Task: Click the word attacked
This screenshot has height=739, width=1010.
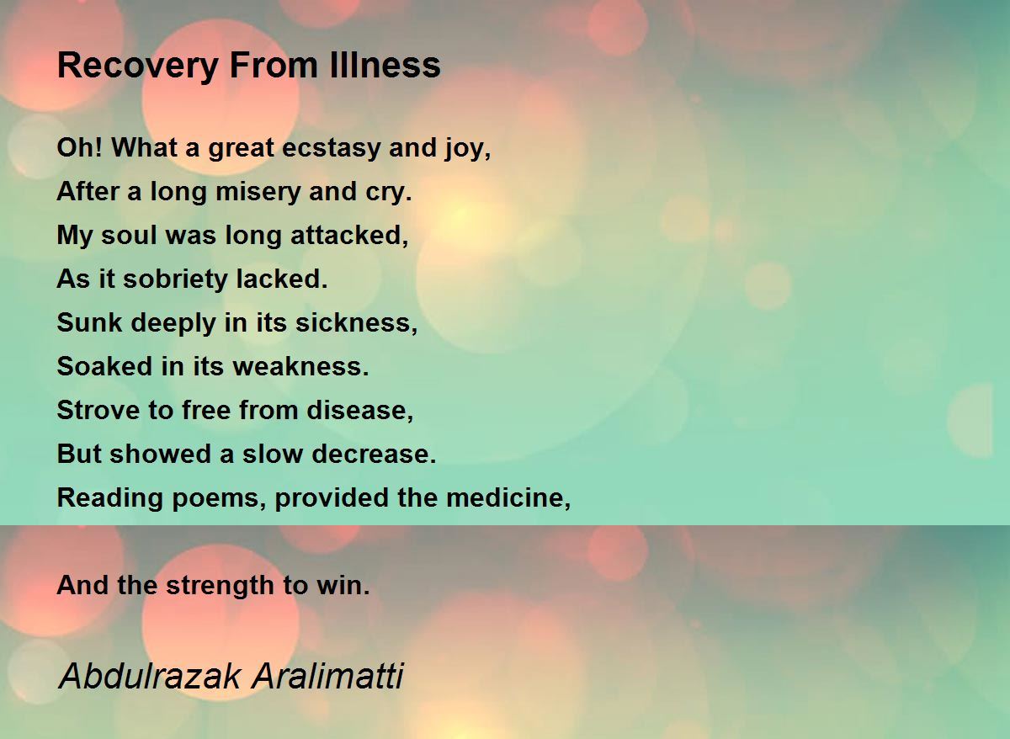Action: [349, 236]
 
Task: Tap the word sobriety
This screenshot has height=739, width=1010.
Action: [175, 280]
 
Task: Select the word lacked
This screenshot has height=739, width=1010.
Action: [282, 279]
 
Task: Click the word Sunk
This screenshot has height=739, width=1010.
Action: [89, 323]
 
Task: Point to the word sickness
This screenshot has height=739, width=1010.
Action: [356, 323]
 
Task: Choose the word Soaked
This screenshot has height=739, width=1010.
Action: [104, 366]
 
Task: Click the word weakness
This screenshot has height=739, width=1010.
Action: [300, 366]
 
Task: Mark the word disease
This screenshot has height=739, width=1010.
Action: [360, 410]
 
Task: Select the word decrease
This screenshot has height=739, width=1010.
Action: [374, 454]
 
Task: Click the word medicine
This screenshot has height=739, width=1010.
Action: [508, 497]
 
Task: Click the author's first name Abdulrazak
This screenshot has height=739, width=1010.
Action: [149, 676]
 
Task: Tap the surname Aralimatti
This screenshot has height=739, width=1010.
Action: [327, 676]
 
